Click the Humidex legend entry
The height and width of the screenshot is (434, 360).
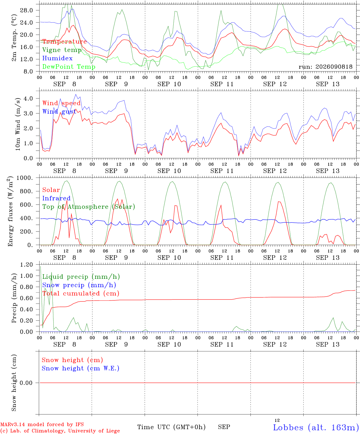[x=57, y=58]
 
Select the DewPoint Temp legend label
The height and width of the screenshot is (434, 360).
[x=69, y=67]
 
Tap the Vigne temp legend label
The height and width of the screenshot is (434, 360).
[x=62, y=50]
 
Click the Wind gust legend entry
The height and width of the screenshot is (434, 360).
[x=59, y=112]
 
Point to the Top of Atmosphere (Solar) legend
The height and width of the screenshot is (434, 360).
[x=89, y=207]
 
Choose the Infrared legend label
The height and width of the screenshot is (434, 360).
[x=56, y=198]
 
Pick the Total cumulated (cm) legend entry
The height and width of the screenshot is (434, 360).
[x=81, y=294]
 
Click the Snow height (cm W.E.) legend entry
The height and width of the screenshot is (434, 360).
[x=81, y=368]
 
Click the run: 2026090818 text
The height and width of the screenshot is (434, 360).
[x=326, y=67]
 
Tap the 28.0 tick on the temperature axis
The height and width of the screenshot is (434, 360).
[x=27, y=10]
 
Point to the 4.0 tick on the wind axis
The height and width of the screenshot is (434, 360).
[x=28, y=99]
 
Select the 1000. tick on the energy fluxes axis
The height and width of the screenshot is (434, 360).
[x=25, y=178]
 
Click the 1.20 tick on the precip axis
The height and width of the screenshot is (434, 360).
[x=27, y=265]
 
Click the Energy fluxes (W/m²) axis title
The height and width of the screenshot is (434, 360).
[x=10, y=211]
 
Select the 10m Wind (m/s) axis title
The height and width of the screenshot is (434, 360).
[x=17, y=124]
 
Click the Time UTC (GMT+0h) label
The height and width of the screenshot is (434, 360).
[x=171, y=427]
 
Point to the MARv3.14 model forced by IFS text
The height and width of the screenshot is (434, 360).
[x=42, y=424]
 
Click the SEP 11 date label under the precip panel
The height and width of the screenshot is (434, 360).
[x=222, y=344]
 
